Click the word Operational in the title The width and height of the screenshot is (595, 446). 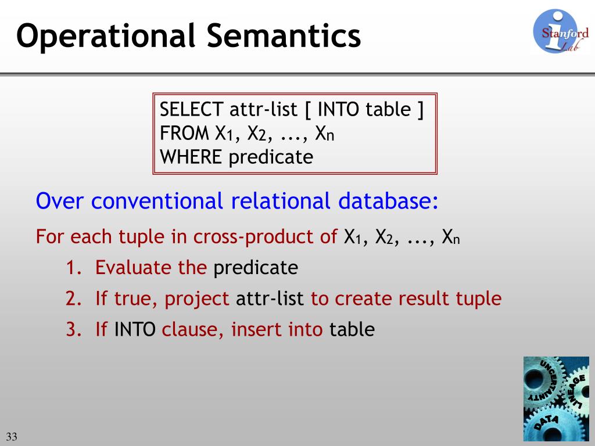[x=106, y=37]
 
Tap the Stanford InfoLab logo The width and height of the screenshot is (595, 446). [x=561, y=31]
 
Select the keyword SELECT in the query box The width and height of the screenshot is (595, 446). [x=191, y=109]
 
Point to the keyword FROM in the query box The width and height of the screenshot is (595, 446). [x=184, y=133]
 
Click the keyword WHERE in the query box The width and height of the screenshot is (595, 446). [x=191, y=157]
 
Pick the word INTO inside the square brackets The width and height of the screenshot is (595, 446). [x=338, y=109]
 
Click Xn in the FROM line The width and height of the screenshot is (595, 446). [x=325, y=134]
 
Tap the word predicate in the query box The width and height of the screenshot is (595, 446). [x=271, y=157]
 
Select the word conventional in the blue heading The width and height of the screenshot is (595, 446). [x=157, y=200]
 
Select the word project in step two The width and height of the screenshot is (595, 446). [x=196, y=299]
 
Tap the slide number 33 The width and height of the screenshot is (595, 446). [x=12, y=437]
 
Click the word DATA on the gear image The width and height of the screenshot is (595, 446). [x=546, y=422]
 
